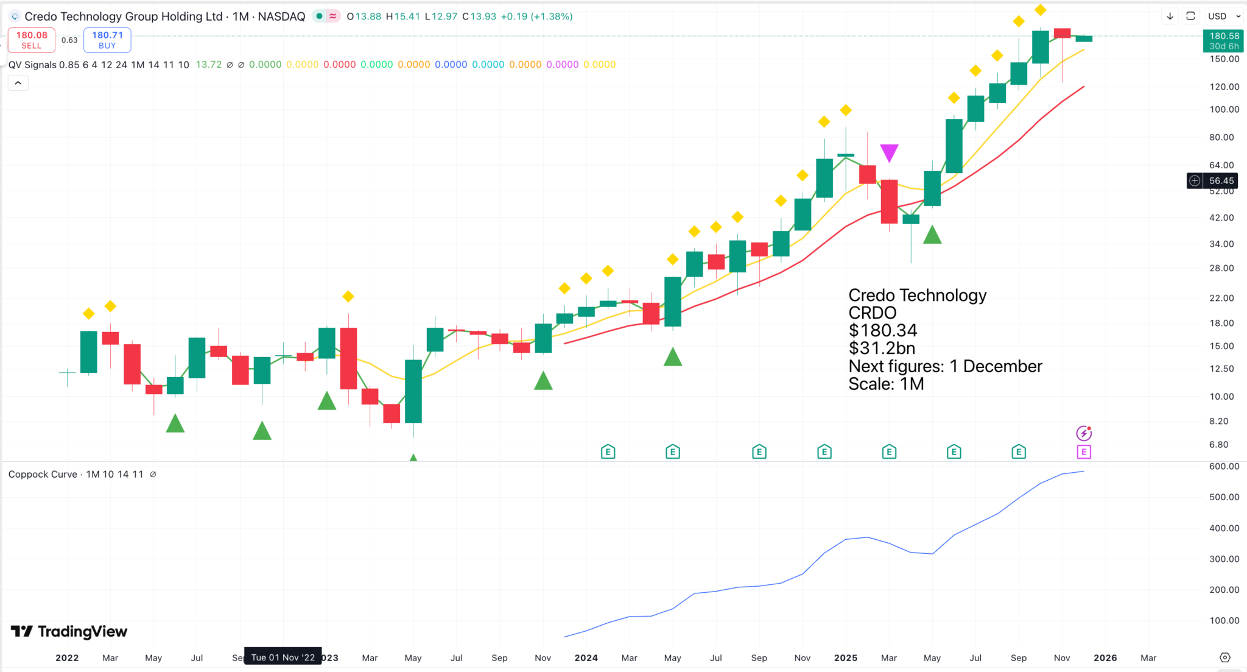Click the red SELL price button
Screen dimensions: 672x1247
point(32,40)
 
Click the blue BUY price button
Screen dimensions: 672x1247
point(107,40)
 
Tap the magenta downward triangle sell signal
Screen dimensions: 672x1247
point(889,152)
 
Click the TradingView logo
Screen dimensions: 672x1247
point(69,631)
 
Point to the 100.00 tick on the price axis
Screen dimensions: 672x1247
point(1224,110)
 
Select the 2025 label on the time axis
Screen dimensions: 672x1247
point(846,658)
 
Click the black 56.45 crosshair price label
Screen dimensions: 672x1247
point(1221,181)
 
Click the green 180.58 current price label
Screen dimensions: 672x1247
point(1223,41)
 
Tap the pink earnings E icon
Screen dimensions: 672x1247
point(1084,452)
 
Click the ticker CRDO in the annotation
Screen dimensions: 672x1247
point(873,313)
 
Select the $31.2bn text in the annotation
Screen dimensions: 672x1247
point(882,348)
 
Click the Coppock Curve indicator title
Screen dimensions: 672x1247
point(43,475)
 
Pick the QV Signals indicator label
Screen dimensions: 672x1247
point(32,65)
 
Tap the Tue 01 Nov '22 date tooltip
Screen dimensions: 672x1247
point(283,657)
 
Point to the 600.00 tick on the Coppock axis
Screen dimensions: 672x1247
point(1224,467)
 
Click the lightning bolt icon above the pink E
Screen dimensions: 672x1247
point(1084,433)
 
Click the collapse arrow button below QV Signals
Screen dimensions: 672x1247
point(18,83)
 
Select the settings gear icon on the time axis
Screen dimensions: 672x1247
point(1225,657)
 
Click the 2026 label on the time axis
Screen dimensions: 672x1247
point(1105,658)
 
